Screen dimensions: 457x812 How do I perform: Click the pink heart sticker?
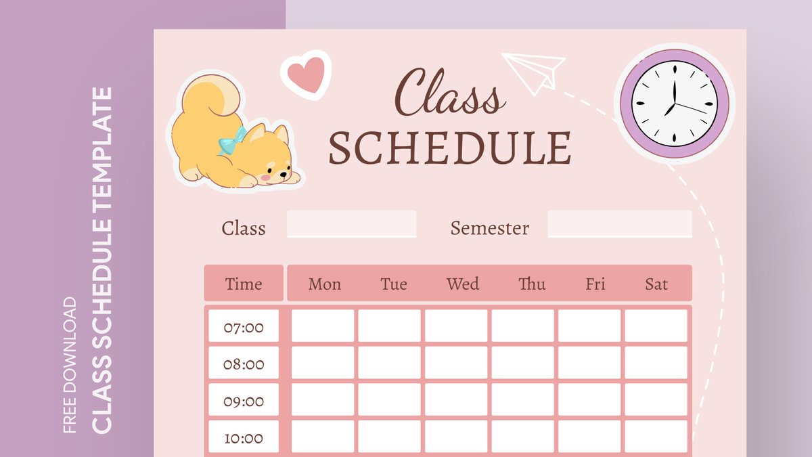[x=305, y=74]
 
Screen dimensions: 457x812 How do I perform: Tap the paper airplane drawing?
[x=534, y=70]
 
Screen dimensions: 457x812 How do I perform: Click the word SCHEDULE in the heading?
[x=450, y=148]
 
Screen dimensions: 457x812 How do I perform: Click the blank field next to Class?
[x=351, y=224]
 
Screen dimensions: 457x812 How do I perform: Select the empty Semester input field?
[x=619, y=224]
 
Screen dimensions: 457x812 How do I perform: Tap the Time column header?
[x=244, y=284]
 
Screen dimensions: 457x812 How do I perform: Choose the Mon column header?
[x=324, y=284]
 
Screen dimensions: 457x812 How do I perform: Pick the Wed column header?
[x=463, y=284]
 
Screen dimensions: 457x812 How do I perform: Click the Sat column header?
[x=656, y=284]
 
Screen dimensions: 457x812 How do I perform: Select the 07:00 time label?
[x=244, y=328]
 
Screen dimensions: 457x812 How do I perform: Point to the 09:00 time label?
[x=244, y=401]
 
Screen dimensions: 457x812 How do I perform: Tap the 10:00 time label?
[x=244, y=437]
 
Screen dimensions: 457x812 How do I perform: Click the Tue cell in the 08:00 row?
[x=389, y=363]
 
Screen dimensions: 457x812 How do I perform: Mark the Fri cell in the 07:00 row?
[x=589, y=326]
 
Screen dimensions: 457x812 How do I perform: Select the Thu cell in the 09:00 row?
[x=522, y=399]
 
